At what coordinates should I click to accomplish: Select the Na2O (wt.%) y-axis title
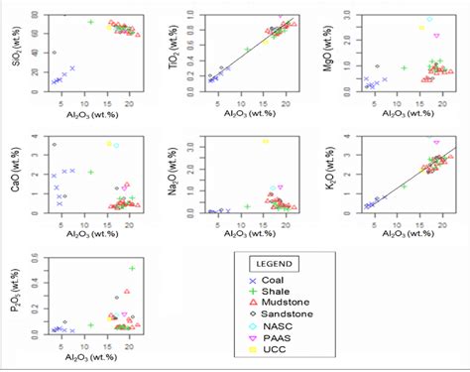[175, 171]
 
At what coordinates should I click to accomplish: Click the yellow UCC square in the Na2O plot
[265, 141]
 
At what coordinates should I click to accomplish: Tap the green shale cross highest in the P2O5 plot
[132, 268]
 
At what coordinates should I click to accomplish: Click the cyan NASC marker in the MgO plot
[429, 19]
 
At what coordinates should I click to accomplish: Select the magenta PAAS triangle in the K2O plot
[436, 142]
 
